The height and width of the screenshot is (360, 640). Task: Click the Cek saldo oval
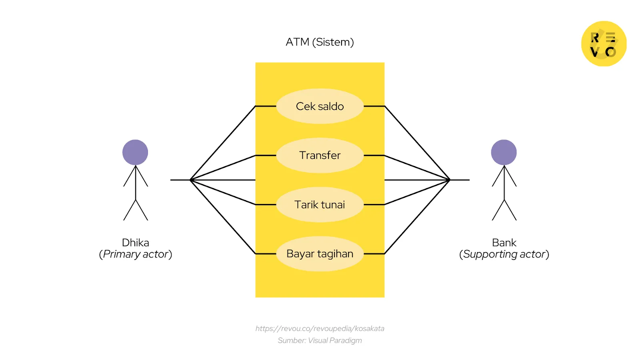click(320, 106)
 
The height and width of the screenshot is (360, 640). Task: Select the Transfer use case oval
click(320, 155)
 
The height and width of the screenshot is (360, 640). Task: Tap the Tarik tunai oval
click(320, 204)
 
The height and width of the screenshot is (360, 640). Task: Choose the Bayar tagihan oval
click(320, 254)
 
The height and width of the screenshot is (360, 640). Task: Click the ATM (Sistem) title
click(320, 42)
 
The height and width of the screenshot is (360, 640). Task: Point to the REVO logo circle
click(604, 44)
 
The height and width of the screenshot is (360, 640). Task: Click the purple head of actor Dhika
click(135, 152)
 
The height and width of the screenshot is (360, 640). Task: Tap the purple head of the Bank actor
click(504, 152)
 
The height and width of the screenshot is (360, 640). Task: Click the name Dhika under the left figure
click(135, 242)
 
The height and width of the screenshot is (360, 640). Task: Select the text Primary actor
click(135, 254)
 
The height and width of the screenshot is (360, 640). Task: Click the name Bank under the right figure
click(504, 242)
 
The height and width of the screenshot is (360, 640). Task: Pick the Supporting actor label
click(504, 254)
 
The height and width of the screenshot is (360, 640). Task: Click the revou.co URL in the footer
click(320, 328)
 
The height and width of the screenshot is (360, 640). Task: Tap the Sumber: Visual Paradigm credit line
click(320, 340)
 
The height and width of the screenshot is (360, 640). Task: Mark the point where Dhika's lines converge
click(191, 180)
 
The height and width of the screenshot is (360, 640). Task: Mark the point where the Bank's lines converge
click(450, 180)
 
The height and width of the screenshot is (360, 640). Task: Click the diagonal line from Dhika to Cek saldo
click(223, 143)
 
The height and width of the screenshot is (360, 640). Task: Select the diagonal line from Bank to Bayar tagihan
click(417, 217)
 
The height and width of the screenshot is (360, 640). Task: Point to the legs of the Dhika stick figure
click(136, 210)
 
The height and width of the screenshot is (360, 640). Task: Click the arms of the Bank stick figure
click(504, 176)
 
